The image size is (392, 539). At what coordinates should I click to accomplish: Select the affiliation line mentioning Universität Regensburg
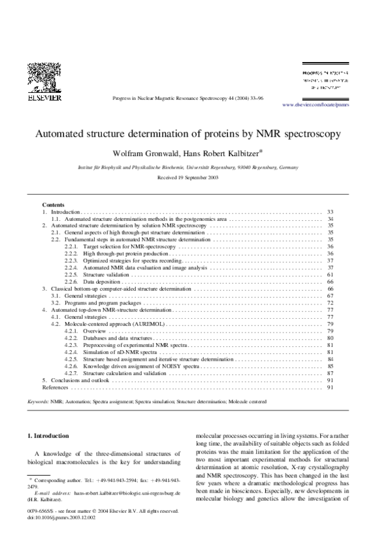pyautogui.click(x=188, y=167)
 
